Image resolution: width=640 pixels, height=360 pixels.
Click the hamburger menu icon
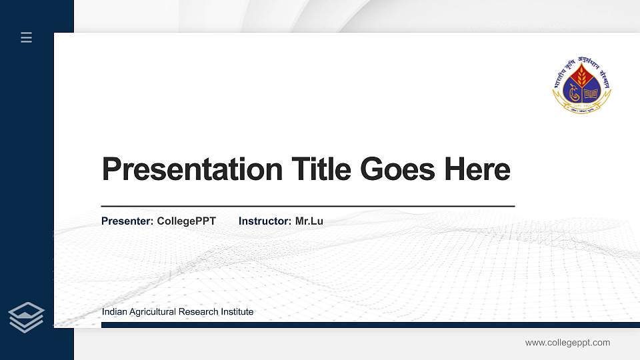[27, 37]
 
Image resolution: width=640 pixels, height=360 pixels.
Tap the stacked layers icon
[27, 317]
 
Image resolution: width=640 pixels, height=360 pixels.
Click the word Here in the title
[477, 169]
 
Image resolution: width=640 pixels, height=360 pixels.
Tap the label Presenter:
[127, 221]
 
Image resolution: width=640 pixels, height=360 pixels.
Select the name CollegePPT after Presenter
[186, 221]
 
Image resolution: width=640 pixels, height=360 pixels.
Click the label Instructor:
[265, 221]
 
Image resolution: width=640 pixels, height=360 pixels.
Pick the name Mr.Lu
[309, 221]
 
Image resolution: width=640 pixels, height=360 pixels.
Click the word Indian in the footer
[113, 312]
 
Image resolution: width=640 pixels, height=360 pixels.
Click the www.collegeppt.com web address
[567, 343]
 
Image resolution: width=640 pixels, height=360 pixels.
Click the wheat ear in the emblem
[581, 78]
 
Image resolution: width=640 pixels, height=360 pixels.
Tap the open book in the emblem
[591, 93]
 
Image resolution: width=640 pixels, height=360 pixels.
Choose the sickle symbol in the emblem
[573, 93]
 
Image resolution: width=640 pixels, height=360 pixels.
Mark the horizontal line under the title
[307, 207]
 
